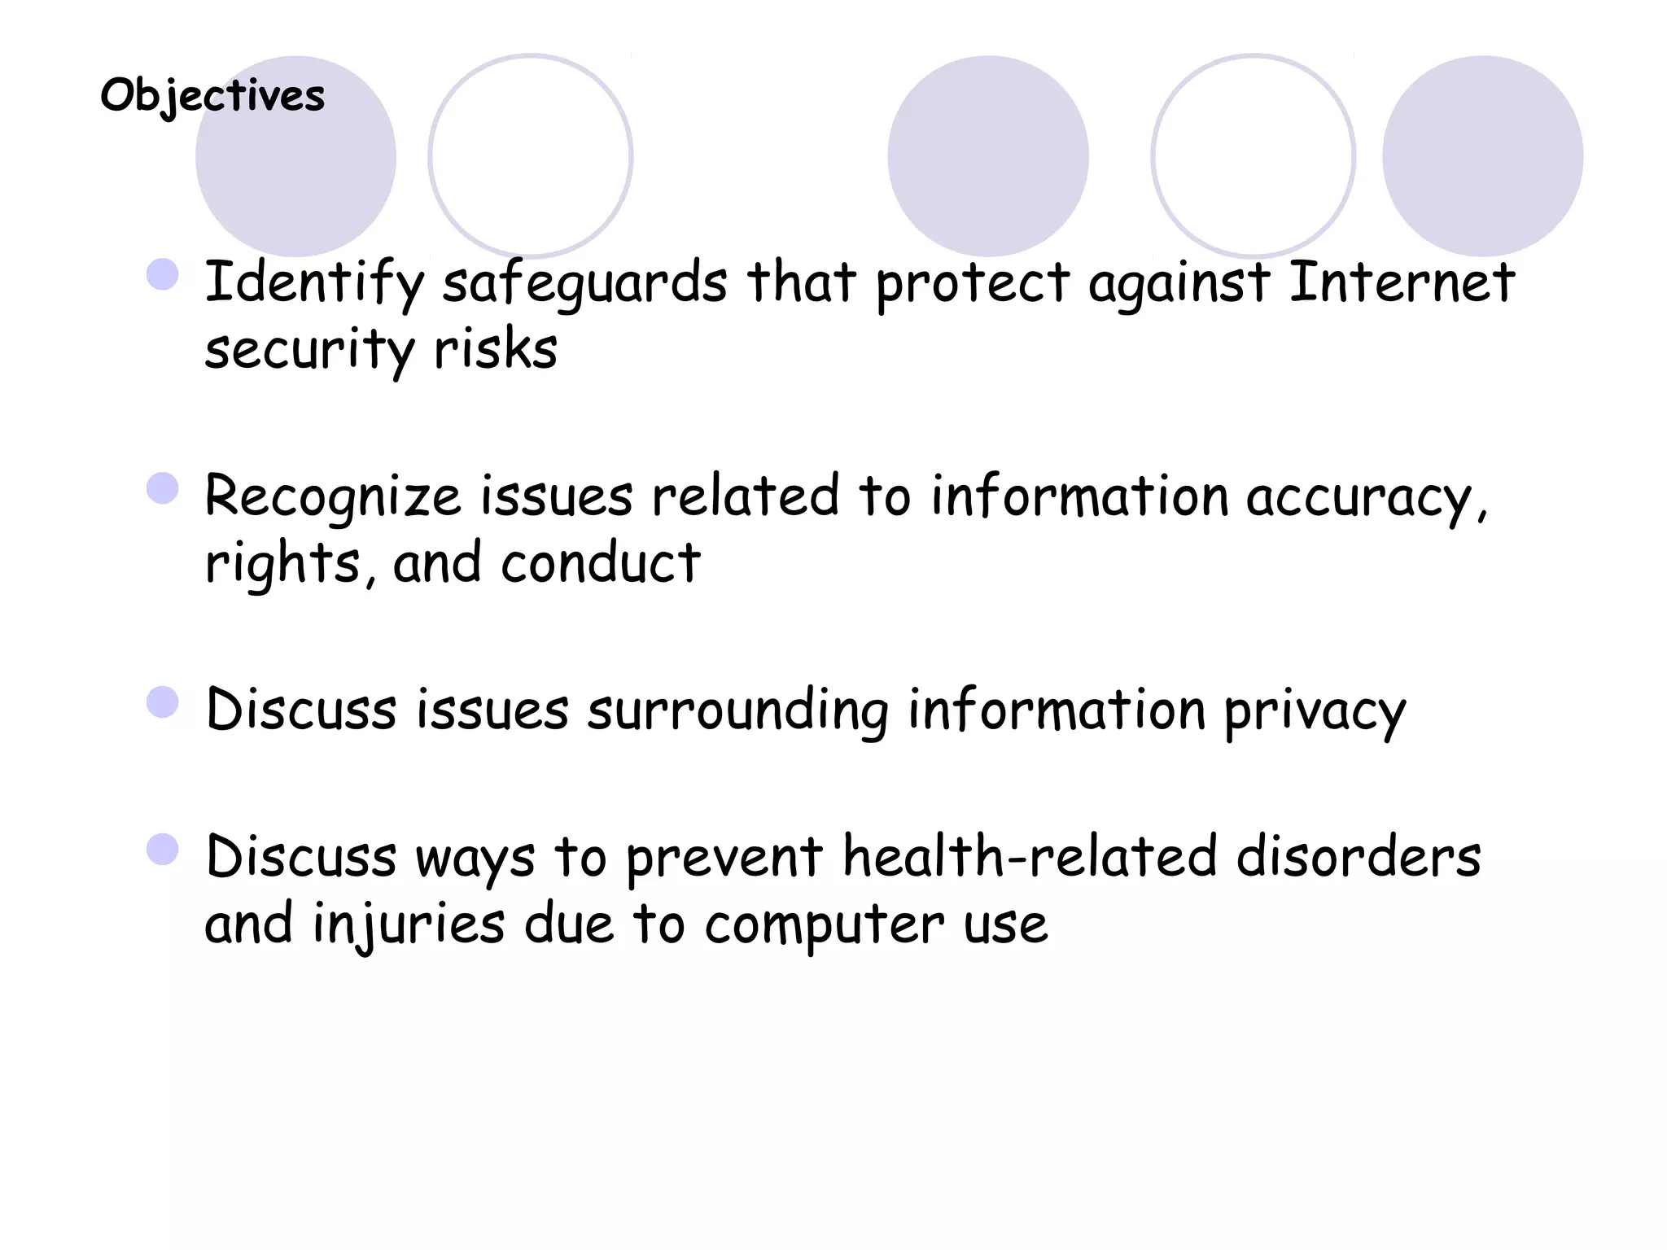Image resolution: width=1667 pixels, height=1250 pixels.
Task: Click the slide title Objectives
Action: [x=212, y=96]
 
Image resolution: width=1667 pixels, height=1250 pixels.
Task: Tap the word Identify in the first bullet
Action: [x=314, y=283]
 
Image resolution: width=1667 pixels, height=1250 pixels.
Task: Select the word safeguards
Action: [x=584, y=283]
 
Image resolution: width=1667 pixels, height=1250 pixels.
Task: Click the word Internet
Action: [x=1402, y=282]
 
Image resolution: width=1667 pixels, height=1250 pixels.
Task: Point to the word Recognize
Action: [x=333, y=496]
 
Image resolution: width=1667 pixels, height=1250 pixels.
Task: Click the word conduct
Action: [x=600, y=563]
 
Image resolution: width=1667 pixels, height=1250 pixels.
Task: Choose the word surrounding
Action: [x=737, y=710]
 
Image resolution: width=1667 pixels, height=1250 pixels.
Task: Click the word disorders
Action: [x=1359, y=857]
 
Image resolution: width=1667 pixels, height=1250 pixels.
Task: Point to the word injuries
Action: [x=409, y=925]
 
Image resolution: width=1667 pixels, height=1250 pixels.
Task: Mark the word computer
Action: [x=824, y=925]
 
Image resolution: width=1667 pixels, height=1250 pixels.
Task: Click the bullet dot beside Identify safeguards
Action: [x=163, y=275]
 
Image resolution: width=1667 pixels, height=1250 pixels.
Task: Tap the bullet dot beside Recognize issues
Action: [x=163, y=489]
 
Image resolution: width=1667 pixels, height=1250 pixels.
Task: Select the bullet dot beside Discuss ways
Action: [x=163, y=850]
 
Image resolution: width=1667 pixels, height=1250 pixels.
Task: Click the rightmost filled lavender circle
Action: [x=1482, y=156]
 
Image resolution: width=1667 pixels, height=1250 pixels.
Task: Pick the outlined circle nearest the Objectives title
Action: [x=531, y=156]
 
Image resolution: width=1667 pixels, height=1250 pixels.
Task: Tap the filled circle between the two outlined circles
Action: [x=988, y=156]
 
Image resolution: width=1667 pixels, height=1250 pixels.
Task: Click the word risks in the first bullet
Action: [x=496, y=350]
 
